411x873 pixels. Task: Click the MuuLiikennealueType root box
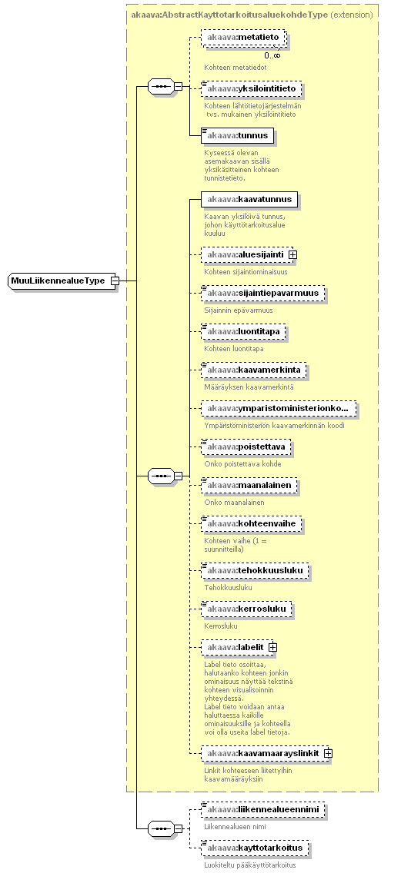(60, 281)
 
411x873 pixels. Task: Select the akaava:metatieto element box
(244, 38)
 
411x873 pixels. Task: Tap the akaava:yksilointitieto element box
(252, 88)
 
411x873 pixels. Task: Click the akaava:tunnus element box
(238, 135)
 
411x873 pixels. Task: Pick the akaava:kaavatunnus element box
(249, 199)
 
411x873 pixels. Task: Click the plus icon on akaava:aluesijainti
(292, 254)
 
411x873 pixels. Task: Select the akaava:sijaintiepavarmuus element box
(262, 294)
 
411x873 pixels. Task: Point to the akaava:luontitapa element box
(243, 332)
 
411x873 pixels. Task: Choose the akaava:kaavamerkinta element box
(254, 370)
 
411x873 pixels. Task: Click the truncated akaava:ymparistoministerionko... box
(279, 409)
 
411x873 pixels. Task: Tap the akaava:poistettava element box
(246, 447)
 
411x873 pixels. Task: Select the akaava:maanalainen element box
(249, 486)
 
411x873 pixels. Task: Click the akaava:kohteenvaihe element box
(252, 524)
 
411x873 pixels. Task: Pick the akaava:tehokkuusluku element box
(255, 571)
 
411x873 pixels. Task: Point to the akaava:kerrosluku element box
(246, 609)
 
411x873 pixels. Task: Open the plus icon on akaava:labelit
(273, 648)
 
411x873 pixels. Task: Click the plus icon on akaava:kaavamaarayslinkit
(328, 753)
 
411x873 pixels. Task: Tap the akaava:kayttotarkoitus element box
(255, 848)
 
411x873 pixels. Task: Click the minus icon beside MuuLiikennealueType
(115, 281)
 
